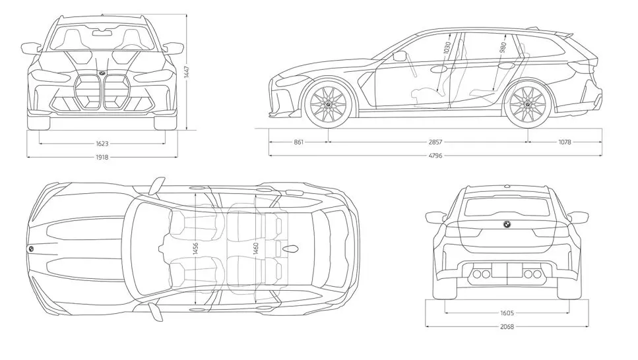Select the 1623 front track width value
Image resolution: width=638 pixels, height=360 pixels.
tap(102, 142)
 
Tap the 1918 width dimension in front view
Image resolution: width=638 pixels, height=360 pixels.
tap(102, 157)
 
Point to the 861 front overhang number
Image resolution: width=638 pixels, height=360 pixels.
tap(298, 142)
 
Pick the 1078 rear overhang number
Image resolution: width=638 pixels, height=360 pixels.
tap(564, 142)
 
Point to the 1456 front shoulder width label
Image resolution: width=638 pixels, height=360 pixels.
tap(196, 248)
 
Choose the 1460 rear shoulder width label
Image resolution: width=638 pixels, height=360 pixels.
tap(255, 248)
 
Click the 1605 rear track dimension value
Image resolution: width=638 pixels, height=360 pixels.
tap(507, 313)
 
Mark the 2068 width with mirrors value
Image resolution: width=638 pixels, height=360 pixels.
tap(507, 326)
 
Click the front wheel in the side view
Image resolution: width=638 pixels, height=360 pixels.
tap(328, 105)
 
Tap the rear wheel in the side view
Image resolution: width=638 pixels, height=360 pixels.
tap(528, 104)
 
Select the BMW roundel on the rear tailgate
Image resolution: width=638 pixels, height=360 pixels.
tap(507, 224)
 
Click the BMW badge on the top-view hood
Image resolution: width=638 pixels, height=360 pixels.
tap(31, 249)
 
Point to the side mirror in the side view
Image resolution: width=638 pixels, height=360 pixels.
tap(399, 57)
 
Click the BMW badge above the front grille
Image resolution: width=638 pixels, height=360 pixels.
tap(102, 72)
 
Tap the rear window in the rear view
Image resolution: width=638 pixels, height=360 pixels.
tap(507, 207)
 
